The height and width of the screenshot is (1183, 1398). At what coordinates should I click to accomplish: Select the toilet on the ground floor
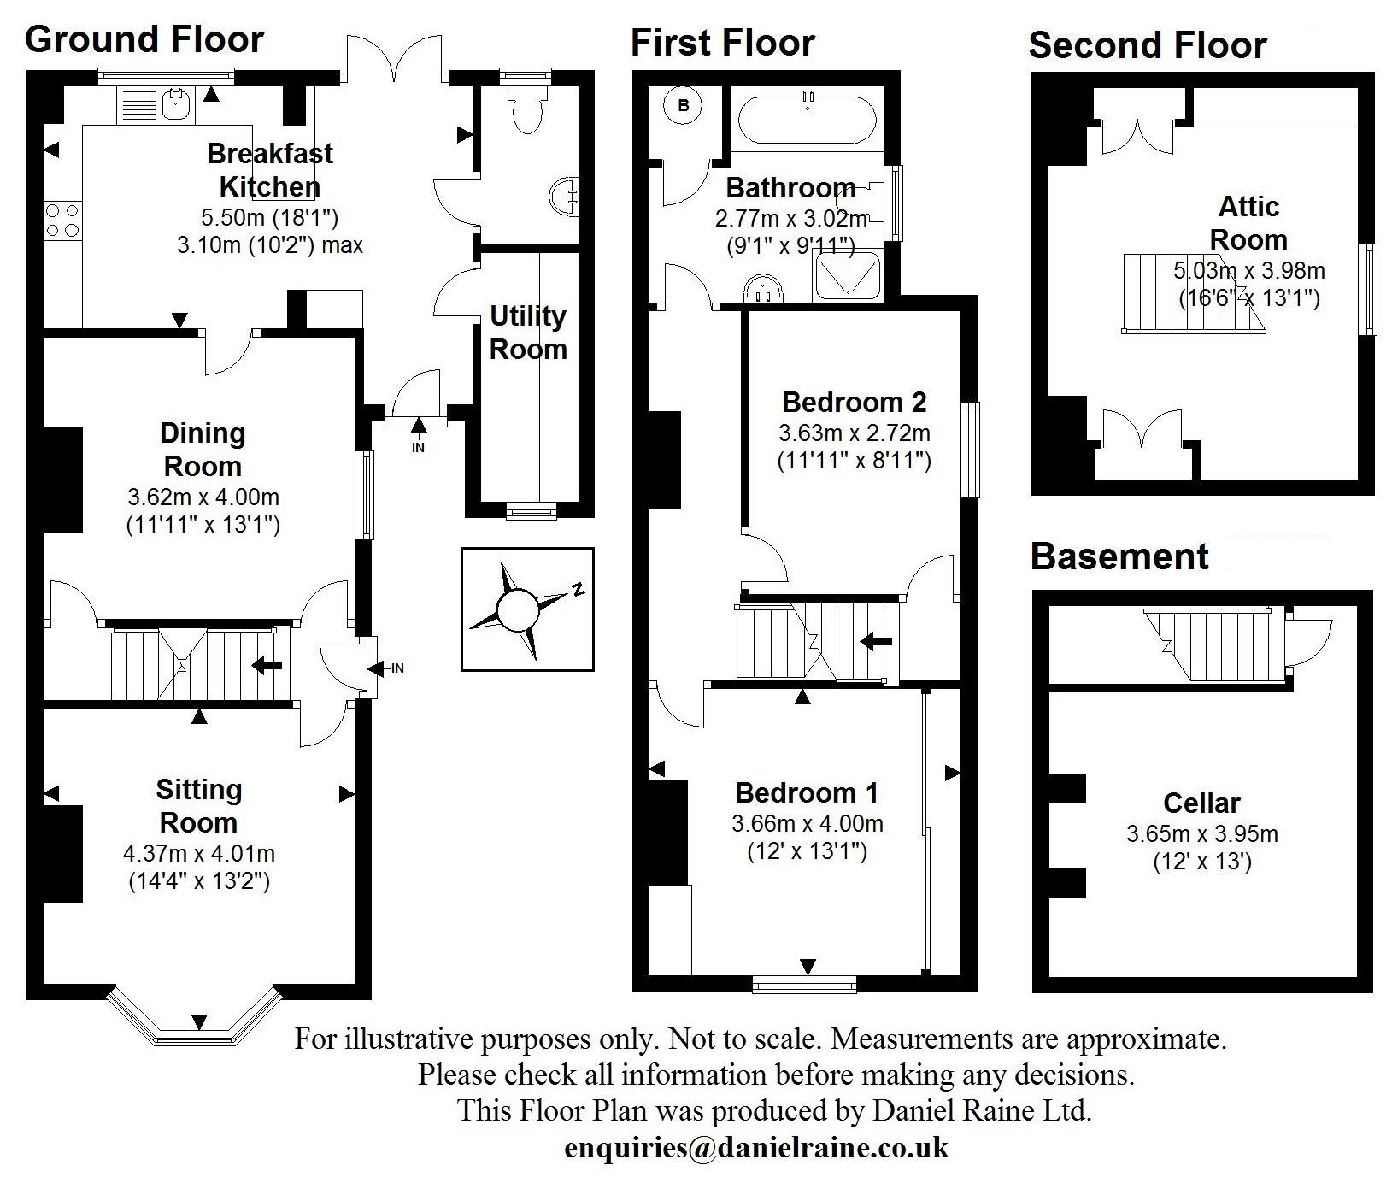pyautogui.click(x=524, y=108)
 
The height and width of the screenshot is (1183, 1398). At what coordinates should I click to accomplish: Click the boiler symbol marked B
pyautogui.click(x=684, y=106)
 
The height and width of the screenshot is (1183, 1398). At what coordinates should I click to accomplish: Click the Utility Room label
pyautogui.click(x=528, y=333)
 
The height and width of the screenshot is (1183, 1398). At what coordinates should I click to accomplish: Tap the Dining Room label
pyautogui.click(x=203, y=450)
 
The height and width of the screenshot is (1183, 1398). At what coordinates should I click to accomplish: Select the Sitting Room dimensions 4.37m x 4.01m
pyautogui.click(x=199, y=853)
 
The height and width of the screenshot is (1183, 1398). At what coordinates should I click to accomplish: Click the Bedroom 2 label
pyautogui.click(x=854, y=402)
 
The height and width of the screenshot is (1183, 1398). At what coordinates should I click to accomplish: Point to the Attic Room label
pyautogui.click(x=1248, y=222)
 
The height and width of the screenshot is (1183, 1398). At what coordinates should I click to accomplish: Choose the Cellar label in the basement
pyautogui.click(x=1201, y=803)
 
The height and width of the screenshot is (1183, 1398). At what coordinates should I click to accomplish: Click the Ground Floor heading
pyautogui.click(x=144, y=39)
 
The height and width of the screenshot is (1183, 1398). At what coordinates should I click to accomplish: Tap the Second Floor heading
pyautogui.click(x=1147, y=45)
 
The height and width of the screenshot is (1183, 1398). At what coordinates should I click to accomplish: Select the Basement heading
pyautogui.click(x=1119, y=556)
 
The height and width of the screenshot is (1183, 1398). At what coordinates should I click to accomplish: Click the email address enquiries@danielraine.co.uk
pyautogui.click(x=756, y=1147)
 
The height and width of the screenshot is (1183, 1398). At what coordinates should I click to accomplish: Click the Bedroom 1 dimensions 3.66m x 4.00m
pyautogui.click(x=808, y=824)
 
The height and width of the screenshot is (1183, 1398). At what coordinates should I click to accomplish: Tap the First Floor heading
pyautogui.click(x=722, y=43)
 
